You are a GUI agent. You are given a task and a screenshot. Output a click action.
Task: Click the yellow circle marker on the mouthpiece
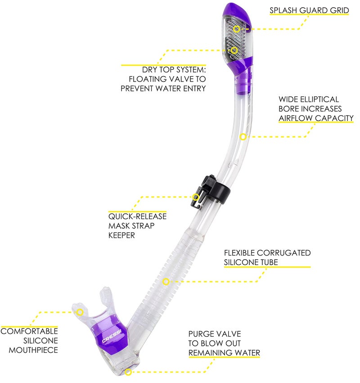point(80,311)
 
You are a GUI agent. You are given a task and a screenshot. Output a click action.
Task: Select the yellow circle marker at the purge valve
point(128,372)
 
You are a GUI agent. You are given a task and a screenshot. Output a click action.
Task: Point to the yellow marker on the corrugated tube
point(166,282)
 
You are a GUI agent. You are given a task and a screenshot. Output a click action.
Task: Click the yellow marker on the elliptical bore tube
point(243,136)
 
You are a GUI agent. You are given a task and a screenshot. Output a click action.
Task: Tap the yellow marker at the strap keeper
point(196,197)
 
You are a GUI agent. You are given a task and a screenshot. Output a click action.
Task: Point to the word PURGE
point(201,334)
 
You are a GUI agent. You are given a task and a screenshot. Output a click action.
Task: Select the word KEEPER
point(122,235)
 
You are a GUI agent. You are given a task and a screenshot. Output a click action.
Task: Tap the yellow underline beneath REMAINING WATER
point(224,358)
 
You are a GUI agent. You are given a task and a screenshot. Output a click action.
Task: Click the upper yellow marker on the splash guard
point(236,28)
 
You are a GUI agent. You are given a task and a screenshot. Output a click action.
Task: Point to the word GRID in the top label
point(340,10)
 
